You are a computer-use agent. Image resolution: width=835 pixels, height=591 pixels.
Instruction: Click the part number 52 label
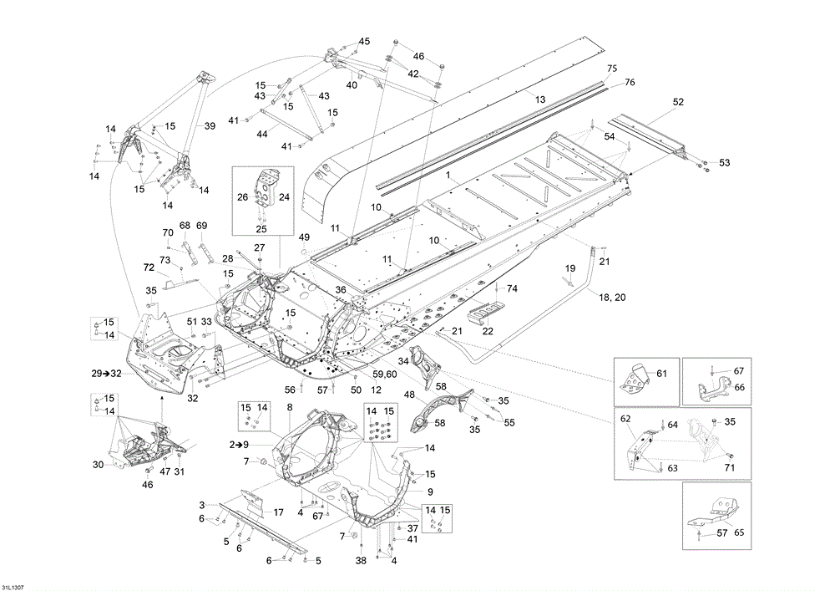pyautogui.click(x=678, y=102)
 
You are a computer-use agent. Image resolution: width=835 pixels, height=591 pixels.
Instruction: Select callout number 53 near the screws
pyautogui.click(x=724, y=162)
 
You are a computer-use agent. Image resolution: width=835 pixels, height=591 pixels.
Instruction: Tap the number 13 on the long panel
pyautogui.click(x=540, y=99)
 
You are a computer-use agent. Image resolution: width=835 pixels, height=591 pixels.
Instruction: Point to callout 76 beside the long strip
pyautogui.click(x=630, y=82)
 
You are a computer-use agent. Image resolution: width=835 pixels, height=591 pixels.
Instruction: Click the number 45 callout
pyautogui.click(x=364, y=41)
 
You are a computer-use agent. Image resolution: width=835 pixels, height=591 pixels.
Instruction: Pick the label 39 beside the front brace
pyautogui.click(x=210, y=126)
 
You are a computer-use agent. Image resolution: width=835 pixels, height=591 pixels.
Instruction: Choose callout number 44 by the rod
pyautogui.click(x=262, y=134)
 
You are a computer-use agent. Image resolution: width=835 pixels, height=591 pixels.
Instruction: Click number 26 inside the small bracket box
pyautogui.click(x=242, y=198)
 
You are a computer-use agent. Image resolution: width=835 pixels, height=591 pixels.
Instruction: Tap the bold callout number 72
pyautogui.click(x=149, y=267)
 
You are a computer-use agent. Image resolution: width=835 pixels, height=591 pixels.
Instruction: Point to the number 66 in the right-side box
pyautogui.click(x=738, y=387)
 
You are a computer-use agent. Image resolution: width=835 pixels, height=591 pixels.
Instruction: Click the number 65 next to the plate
pyautogui.click(x=738, y=532)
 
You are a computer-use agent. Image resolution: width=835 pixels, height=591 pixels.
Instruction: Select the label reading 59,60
pyautogui.click(x=386, y=374)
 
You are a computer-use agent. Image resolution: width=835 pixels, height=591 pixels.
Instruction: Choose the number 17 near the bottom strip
pyautogui.click(x=279, y=512)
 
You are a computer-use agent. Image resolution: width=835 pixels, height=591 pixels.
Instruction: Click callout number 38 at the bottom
pyautogui.click(x=362, y=560)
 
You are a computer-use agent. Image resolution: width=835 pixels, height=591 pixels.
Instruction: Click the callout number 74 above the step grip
pyautogui.click(x=513, y=288)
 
